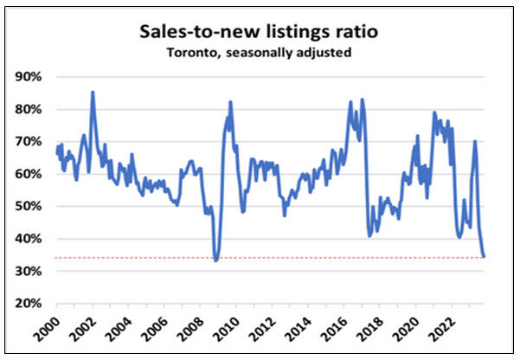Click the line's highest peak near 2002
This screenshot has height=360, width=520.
tap(93, 92)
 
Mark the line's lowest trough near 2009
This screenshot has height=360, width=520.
tap(215, 260)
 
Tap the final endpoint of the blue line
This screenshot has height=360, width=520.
tap(485, 256)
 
